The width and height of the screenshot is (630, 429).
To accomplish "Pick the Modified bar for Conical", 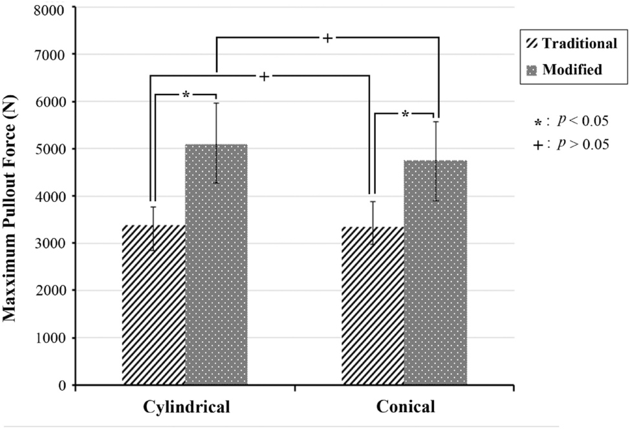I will [x=435, y=272].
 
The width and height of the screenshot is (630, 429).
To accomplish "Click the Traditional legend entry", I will [x=572, y=44].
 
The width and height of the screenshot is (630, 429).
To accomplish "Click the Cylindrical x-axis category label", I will [x=186, y=407].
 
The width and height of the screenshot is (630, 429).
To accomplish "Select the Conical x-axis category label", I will [x=405, y=407].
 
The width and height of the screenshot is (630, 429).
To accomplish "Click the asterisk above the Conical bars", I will [x=405, y=115].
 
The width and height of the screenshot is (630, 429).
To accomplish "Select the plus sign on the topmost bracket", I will [x=327, y=38].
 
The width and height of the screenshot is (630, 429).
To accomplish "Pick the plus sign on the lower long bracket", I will [x=264, y=77].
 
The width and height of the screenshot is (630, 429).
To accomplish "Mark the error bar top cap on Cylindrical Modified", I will [x=217, y=103].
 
